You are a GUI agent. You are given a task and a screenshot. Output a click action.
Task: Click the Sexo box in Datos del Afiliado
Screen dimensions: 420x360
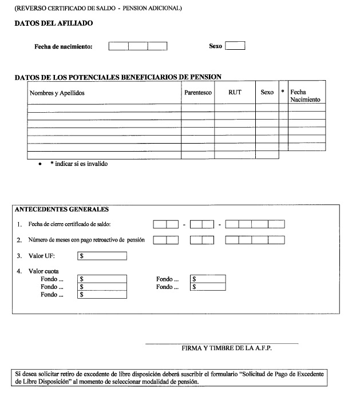(235, 46)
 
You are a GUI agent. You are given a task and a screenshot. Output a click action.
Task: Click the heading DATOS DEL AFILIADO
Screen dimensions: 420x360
(53, 23)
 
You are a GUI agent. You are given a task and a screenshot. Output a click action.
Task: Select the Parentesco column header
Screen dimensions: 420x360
(198, 92)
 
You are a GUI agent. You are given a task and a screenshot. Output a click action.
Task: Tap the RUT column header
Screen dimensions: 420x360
(235, 92)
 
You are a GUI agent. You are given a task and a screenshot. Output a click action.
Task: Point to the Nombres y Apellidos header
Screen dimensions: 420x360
(57, 93)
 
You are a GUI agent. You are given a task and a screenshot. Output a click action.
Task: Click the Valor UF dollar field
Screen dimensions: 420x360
(102, 256)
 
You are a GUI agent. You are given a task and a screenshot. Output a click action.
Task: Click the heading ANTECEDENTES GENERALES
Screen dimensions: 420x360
(61, 209)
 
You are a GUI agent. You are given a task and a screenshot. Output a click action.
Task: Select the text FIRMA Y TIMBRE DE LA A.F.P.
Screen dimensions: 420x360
(221, 348)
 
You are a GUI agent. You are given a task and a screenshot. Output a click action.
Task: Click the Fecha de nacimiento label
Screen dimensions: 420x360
(64, 46)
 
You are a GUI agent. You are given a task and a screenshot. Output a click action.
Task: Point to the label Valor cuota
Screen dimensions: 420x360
(44, 271)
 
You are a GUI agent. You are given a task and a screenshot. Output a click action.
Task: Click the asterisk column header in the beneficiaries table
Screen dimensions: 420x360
(283, 92)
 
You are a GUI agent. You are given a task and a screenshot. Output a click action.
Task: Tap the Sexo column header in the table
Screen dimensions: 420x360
(267, 92)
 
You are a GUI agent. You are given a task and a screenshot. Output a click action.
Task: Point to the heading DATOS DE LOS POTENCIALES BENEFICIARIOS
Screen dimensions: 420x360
(118, 77)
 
